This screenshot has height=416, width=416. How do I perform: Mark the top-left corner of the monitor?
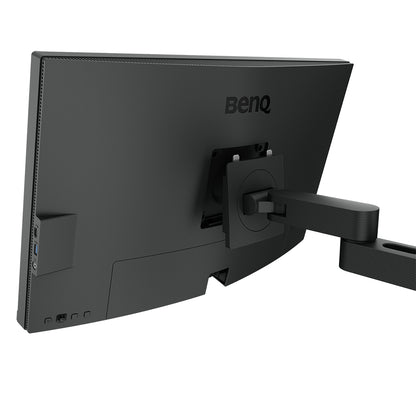[x=33, y=54]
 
